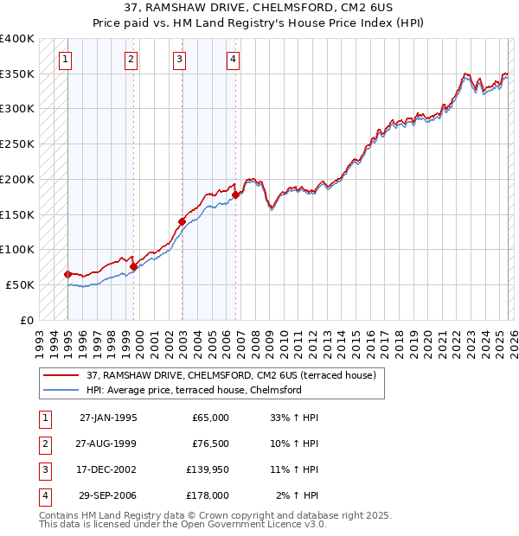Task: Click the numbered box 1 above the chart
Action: [x=67, y=60]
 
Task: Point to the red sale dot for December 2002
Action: [x=182, y=221]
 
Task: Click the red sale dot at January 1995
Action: [x=67, y=274]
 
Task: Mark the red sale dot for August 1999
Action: [x=134, y=266]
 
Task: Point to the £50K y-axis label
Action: [x=21, y=284]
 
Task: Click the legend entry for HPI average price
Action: [x=194, y=390]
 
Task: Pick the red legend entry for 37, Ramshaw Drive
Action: [x=231, y=376]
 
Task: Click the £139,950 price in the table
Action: [x=207, y=472]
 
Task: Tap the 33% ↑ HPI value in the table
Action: [x=295, y=418]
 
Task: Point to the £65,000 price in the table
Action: [x=210, y=418]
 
